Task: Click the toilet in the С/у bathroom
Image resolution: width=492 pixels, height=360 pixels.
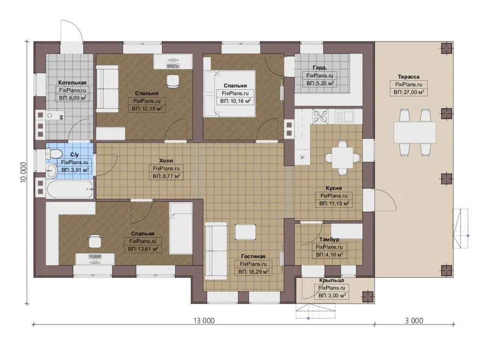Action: (x=54, y=154)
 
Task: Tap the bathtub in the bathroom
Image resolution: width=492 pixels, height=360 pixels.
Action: (x=69, y=189)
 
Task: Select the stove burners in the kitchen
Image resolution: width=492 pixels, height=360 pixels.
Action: (x=320, y=116)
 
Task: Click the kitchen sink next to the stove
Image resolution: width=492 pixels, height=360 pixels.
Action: (x=344, y=116)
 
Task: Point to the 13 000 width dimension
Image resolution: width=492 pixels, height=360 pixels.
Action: (x=204, y=321)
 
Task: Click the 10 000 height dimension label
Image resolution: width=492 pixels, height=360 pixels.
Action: (x=24, y=173)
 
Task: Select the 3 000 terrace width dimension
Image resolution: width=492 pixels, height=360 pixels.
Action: (x=414, y=321)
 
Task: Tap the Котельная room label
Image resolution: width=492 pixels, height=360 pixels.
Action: (x=72, y=82)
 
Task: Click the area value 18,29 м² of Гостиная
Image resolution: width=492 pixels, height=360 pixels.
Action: (x=253, y=272)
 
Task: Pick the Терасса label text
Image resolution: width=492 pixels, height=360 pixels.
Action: (x=408, y=76)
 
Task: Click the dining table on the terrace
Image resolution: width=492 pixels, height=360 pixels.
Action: (x=415, y=132)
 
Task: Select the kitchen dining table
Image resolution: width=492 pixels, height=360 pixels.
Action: (x=342, y=157)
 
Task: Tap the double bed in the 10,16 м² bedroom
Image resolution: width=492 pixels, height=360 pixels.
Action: (x=230, y=94)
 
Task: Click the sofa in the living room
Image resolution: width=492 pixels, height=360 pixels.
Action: (x=216, y=251)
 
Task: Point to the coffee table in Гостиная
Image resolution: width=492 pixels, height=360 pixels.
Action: (x=245, y=232)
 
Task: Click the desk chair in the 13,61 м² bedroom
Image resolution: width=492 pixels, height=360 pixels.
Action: (x=95, y=241)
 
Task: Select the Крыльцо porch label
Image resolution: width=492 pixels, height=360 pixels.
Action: (x=332, y=280)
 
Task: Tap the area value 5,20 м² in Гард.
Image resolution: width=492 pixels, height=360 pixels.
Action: (x=320, y=84)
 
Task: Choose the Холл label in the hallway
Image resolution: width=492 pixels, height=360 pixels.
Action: (x=166, y=161)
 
